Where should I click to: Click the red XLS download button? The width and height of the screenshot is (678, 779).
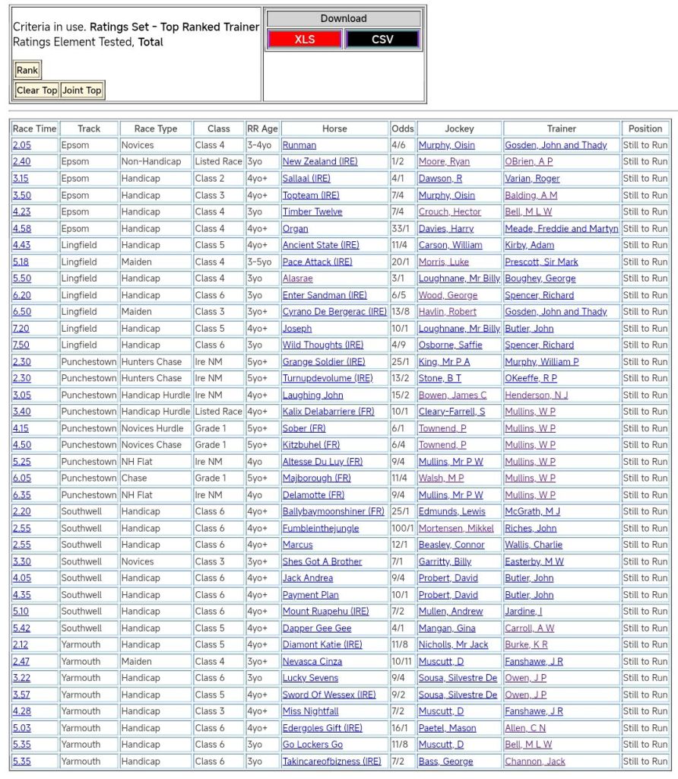pos(305,40)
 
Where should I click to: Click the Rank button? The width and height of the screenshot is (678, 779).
pos(27,70)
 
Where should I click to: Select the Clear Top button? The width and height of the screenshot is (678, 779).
pos(37,90)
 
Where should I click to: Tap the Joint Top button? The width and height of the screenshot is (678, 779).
pos(82,90)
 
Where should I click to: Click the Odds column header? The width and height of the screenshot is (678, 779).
pos(402,129)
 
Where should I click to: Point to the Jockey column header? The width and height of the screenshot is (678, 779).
pos(459,129)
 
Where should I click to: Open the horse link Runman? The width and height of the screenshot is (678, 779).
pos(299,145)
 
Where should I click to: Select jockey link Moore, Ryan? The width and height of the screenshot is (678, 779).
pos(444,162)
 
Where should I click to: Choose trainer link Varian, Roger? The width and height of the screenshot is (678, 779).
pos(532,179)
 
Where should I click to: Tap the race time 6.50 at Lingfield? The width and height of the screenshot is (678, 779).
pos(21,312)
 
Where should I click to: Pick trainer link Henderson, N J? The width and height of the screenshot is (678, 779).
pos(536,395)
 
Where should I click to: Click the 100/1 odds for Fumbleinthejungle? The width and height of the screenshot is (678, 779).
pos(403,528)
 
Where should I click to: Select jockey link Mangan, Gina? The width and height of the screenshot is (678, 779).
pos(447,628)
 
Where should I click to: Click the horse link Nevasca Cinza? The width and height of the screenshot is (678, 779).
pos(312,662)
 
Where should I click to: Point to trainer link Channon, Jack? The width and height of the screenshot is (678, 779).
pos(535,762)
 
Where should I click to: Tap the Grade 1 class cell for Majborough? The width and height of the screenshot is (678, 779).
pos(210,479)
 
